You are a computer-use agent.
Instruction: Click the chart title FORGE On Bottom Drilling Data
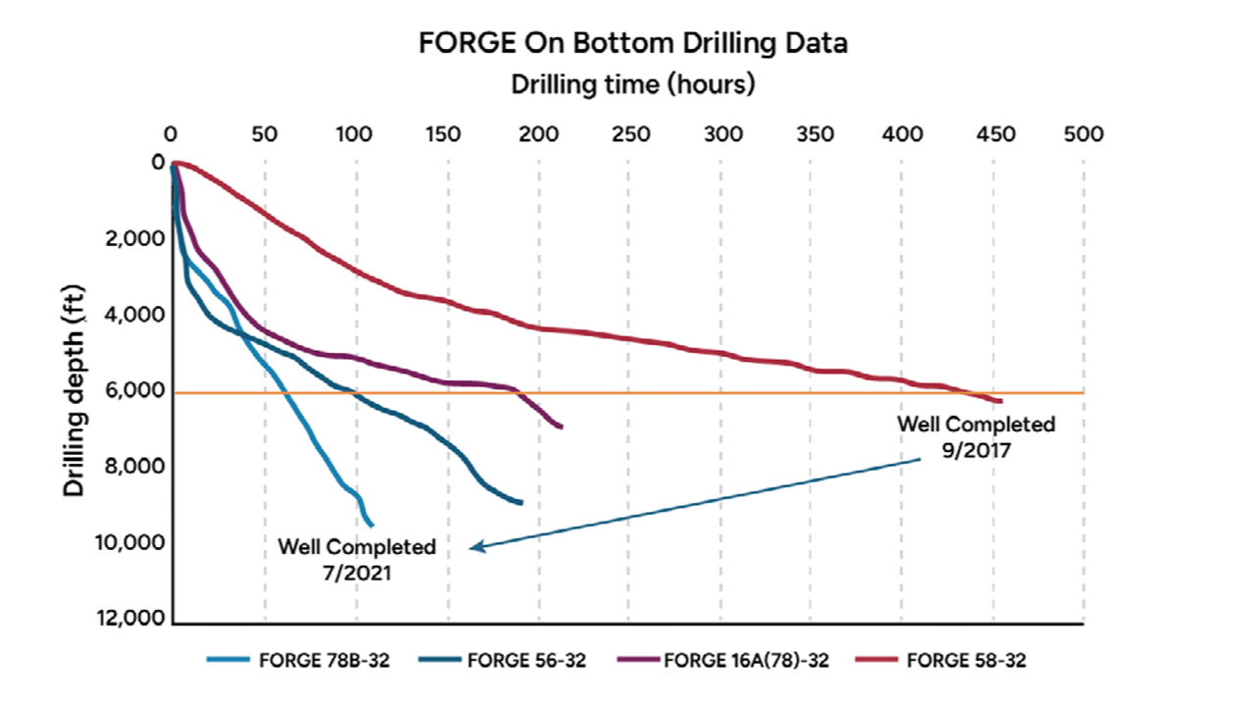click(x=632, y=43)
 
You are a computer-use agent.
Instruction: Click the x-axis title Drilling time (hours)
click(x=632, y=84)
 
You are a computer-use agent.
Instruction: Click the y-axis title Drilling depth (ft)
click(x=75, y=392)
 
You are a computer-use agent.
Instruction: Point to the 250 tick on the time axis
click(x=630, y=134)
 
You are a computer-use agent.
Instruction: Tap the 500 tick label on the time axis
click(x=1083, y=134)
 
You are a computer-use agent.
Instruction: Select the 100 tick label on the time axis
click(x=356, y=134)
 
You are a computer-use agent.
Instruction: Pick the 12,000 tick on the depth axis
click(x=135, y=621)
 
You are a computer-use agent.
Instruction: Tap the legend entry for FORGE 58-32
click(x=966, y=660)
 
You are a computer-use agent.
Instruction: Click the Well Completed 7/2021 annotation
click(x=357, y=559)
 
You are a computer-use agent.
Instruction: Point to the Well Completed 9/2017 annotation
click(x=977, y=436)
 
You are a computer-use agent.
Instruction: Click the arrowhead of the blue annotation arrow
click(x=474, y=547)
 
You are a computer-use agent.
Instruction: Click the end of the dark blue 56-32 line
click(x=521, y=502)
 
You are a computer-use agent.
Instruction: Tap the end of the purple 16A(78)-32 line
click(x=560, y=427)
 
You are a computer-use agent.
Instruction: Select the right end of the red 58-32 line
click(x=1000, y=401)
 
